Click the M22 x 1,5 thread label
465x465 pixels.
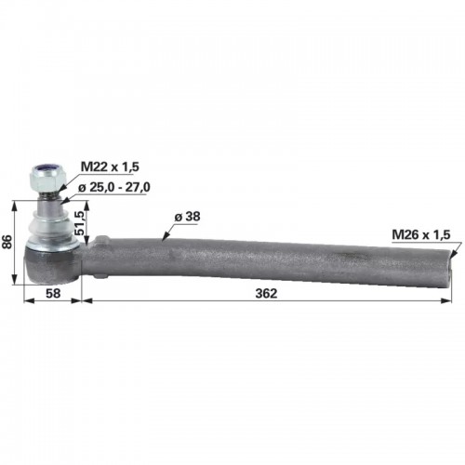[110, 166]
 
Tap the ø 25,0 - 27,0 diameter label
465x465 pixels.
[114, 187]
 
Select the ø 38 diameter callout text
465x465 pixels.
[187, 217]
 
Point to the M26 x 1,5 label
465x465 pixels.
[420, 234]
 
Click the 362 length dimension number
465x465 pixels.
[266, 293]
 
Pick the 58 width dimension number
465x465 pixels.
[53, 293]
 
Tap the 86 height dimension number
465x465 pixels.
[7, 242]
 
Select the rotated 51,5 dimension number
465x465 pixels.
[79, 222]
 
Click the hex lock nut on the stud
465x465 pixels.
[47, 178]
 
